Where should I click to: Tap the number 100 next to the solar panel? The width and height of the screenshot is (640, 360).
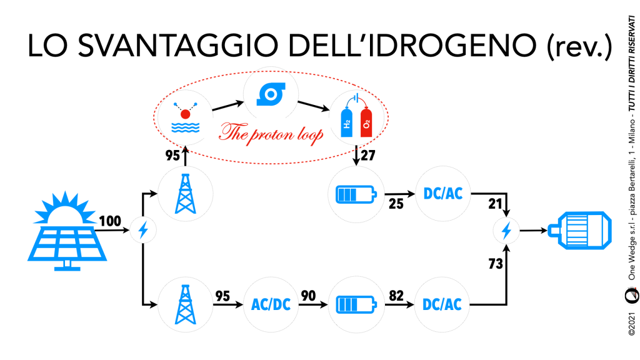110,221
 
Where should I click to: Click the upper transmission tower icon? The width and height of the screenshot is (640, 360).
185,196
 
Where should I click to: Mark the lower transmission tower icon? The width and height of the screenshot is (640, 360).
185,304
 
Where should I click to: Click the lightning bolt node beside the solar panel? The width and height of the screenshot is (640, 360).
143,231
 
